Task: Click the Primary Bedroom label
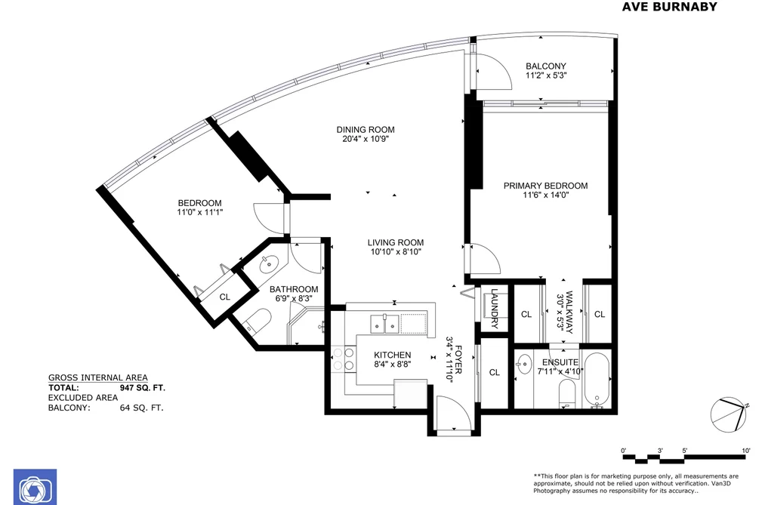545,186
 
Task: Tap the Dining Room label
366,130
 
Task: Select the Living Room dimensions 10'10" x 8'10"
395,251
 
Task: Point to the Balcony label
546,66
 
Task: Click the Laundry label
494,308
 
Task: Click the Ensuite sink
524,364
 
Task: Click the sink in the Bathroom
268,265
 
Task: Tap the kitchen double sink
385,324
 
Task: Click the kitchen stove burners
343,359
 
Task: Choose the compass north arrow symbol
729,414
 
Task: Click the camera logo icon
35,487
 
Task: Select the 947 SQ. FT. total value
143,388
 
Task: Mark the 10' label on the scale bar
746,451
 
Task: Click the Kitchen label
392,355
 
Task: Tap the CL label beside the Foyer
494,372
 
